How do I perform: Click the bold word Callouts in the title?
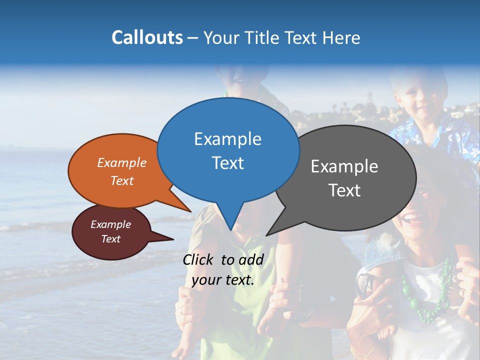[147, 37]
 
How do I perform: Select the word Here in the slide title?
[342, 37]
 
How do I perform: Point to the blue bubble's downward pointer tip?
[230, 229]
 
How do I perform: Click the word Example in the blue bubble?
[227, 139]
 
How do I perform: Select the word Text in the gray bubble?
[344, 190]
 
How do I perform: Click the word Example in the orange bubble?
[121, 162]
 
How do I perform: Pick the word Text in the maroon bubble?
[110, 239]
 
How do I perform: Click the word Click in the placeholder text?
[199, 259]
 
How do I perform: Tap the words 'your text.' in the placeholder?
[223, 280]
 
